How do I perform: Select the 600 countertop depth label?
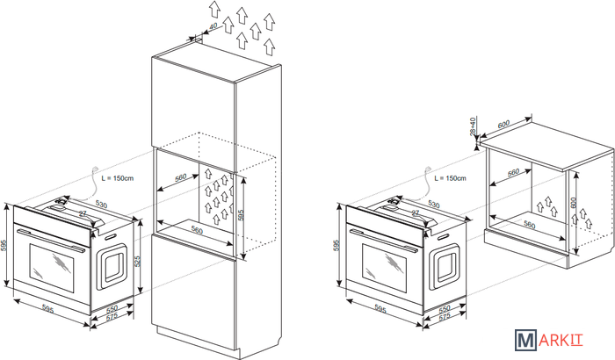(x=504, y=124)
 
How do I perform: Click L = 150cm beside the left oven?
(x=117, y=179)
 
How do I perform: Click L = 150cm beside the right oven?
(x=450, y=179)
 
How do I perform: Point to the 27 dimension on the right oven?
(x=416, y=213)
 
